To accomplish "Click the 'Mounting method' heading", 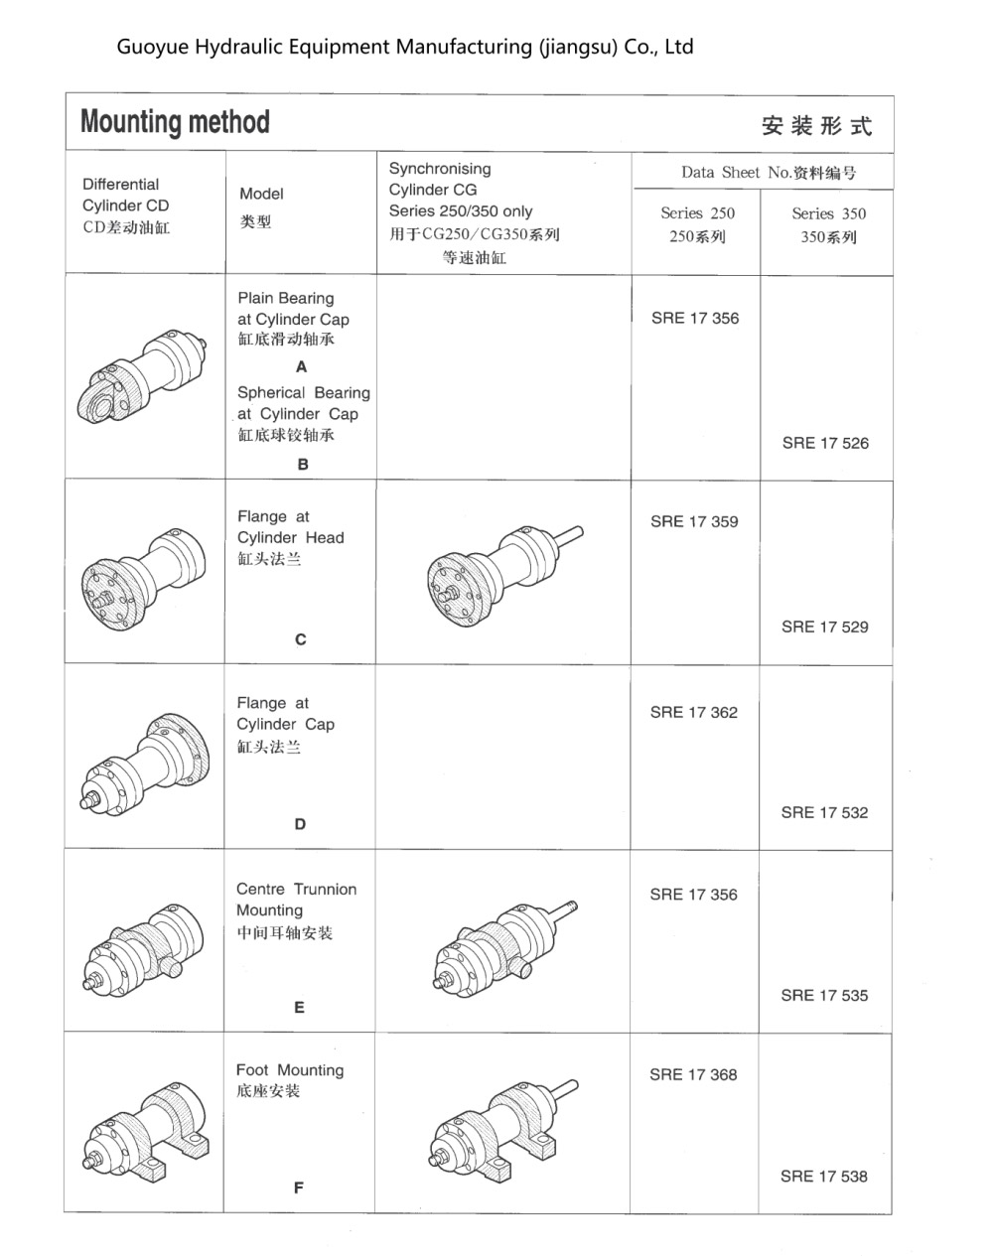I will click(175, 122).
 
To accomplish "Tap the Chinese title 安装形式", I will click(816, 126).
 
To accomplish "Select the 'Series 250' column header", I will click(697, 224).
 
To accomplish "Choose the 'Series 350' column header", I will click(828, 224).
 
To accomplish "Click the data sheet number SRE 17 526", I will click(824, 443).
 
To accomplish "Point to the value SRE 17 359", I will click(694, 521).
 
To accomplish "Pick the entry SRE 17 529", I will click(824, 627).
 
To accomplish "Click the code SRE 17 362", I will click(694, 712).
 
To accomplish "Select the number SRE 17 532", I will click(824, 812).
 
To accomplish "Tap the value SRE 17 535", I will click(824, 995).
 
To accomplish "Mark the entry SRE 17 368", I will click(693, 1074).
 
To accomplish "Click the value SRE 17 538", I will click(823, 1176).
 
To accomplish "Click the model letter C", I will click(301, 639).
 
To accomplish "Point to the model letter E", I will click(299, 1007).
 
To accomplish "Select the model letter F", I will click(299, 1187).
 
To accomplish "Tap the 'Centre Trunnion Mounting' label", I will click(296, 900).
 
